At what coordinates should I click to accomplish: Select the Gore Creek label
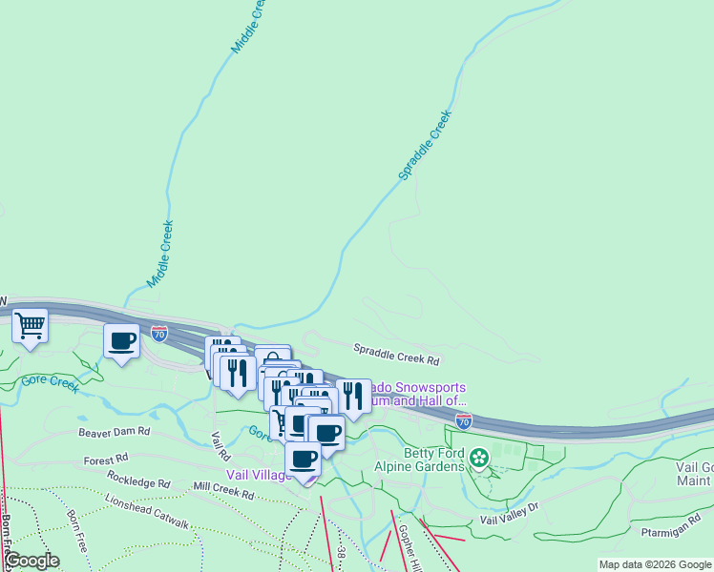[51, 383]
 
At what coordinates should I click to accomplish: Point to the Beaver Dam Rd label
[115, 431]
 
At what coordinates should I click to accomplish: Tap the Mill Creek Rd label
[222, 491]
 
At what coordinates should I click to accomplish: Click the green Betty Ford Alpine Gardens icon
[479, 459]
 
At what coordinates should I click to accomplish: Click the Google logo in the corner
[31, 561]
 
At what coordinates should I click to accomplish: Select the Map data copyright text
[654, 564]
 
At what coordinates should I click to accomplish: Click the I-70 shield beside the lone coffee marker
[159, 334]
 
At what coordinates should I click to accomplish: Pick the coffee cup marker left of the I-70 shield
[122, 340]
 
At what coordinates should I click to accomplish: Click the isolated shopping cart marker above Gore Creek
[31, 326]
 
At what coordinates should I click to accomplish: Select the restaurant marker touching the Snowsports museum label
[353, 396]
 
